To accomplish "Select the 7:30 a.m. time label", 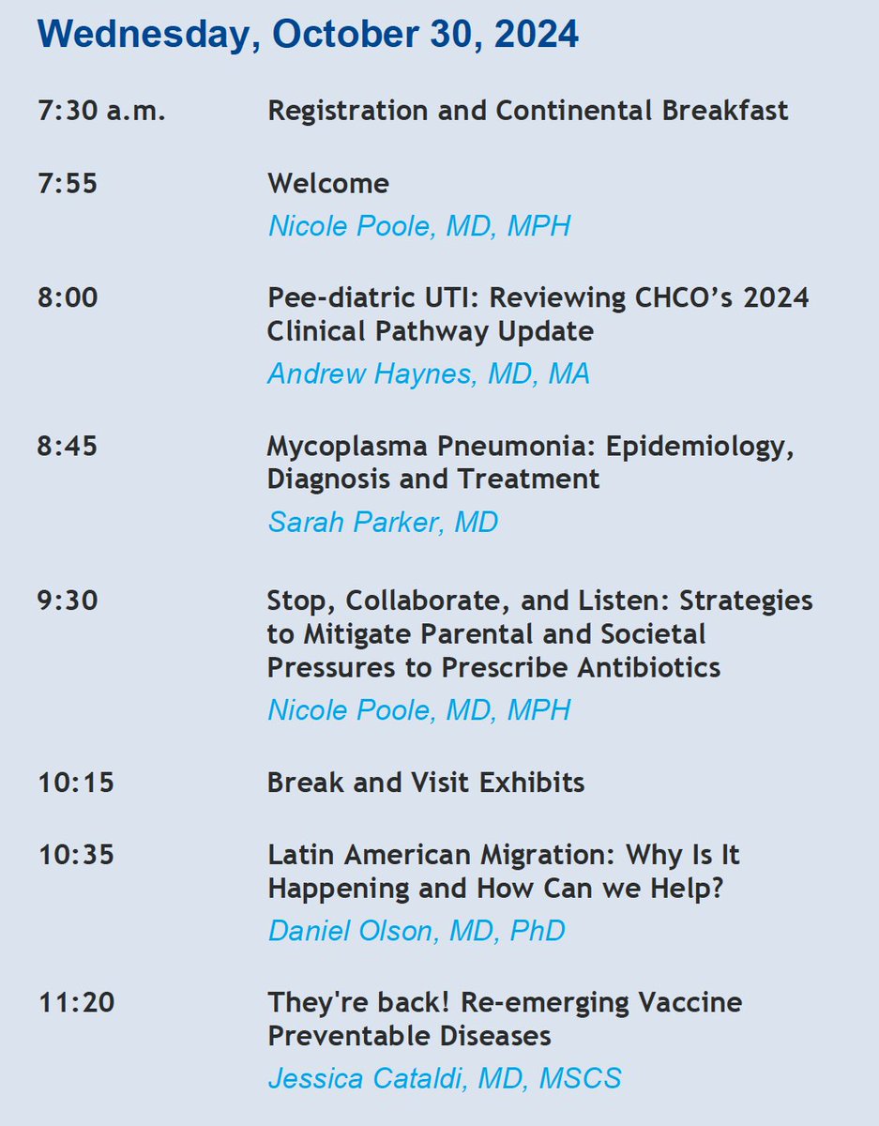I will [102, 111].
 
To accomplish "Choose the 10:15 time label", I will [76, 782].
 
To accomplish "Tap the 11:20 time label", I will [76, 1002].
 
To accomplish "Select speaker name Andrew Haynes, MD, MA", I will [429, 373].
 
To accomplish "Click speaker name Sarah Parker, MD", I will [383, 522].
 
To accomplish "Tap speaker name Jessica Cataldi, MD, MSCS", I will [445, 1078].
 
